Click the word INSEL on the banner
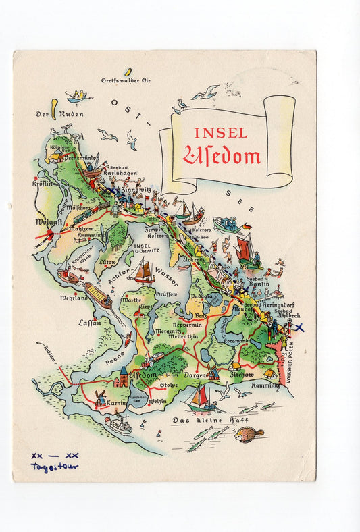tap(220, 133)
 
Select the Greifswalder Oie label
tap(126, 80)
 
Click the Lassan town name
tap(89, 322)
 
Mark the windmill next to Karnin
tap(100, 398)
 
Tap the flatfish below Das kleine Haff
tap(249, 434)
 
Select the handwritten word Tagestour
tap(54, 467)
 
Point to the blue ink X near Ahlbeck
tap(300, 327)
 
